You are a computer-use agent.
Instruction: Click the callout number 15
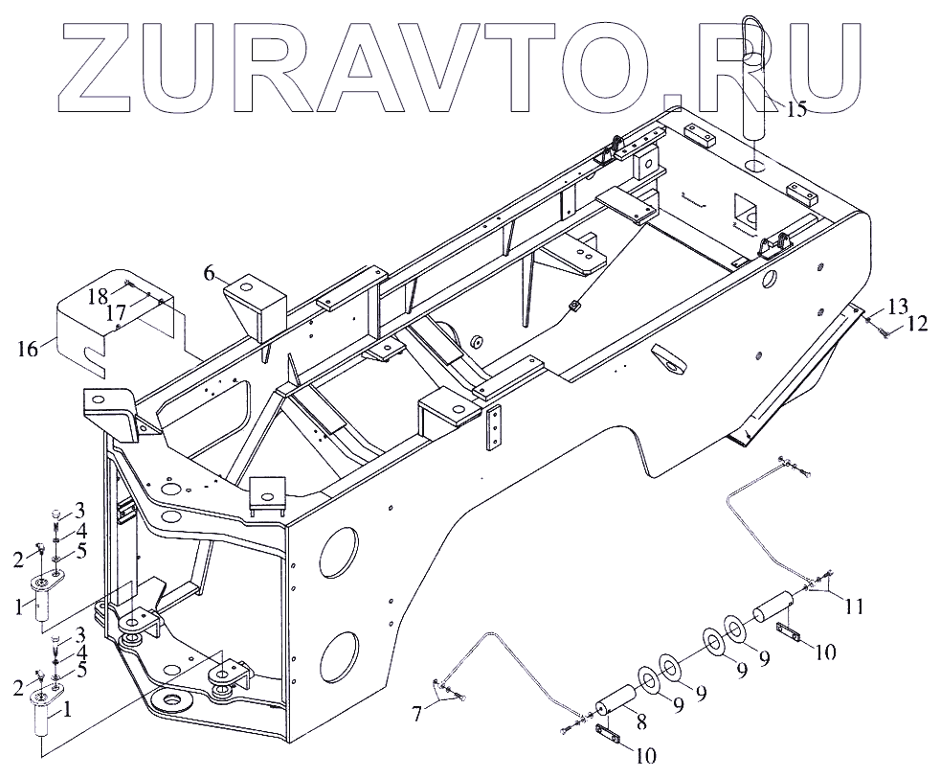(796, 108)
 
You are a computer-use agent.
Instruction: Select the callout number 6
(209, 273)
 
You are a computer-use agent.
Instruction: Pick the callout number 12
(917, 325)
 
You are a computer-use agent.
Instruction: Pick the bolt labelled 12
(882, 331)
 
